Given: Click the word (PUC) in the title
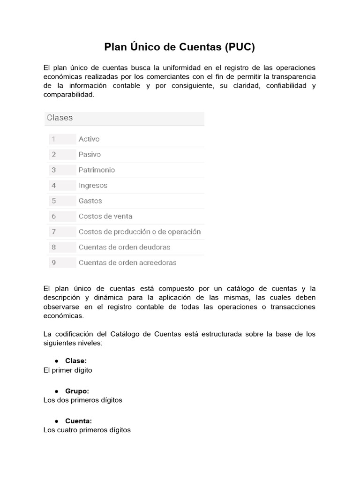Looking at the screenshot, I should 240,47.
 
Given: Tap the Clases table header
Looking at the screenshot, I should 60,118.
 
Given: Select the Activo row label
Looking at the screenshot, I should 89,139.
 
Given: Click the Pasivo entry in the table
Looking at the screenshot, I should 90,155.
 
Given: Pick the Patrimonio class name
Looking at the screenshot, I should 97,170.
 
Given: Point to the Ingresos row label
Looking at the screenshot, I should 93,186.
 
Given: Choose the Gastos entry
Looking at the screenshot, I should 90,201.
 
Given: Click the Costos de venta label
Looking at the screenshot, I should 105,217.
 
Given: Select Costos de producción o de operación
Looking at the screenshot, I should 140,232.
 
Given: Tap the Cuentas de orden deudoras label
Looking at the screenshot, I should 124,247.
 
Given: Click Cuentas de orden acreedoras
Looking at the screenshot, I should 127,263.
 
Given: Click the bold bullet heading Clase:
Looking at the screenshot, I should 76,361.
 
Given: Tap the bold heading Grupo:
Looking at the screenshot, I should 77,391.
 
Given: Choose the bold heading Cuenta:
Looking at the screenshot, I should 78,421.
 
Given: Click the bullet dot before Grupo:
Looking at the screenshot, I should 56,391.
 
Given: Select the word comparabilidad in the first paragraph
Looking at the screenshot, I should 68,94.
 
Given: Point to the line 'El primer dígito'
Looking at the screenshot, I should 68,370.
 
